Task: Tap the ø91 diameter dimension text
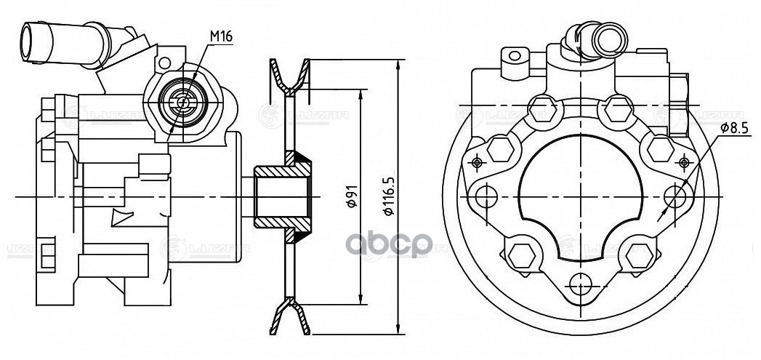350,196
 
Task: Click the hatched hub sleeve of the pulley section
283,196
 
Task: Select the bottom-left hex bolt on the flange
520,255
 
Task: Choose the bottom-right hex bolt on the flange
640,255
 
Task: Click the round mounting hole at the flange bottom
581,284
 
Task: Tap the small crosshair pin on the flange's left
477,161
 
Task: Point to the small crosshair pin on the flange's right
684,161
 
